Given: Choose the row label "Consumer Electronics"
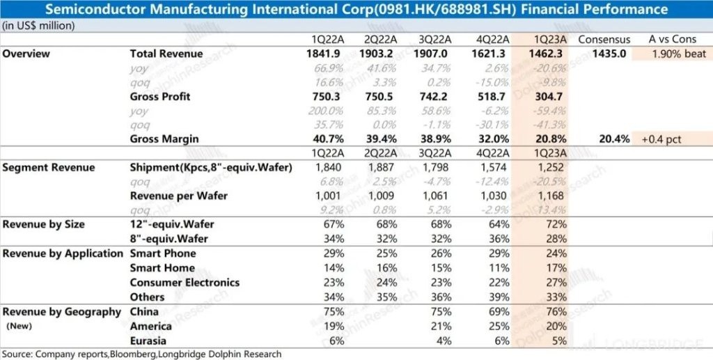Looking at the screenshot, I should [185, 283].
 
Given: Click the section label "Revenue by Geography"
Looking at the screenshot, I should [62, 312].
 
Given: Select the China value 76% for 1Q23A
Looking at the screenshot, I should [537, 312].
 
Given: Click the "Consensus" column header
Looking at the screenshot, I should [604, 39].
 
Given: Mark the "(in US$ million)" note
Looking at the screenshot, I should [39, 25].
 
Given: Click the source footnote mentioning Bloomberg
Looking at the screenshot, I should [141, 354].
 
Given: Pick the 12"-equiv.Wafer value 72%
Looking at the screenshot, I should [537, 225].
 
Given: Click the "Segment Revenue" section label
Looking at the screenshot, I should [49, 168].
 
